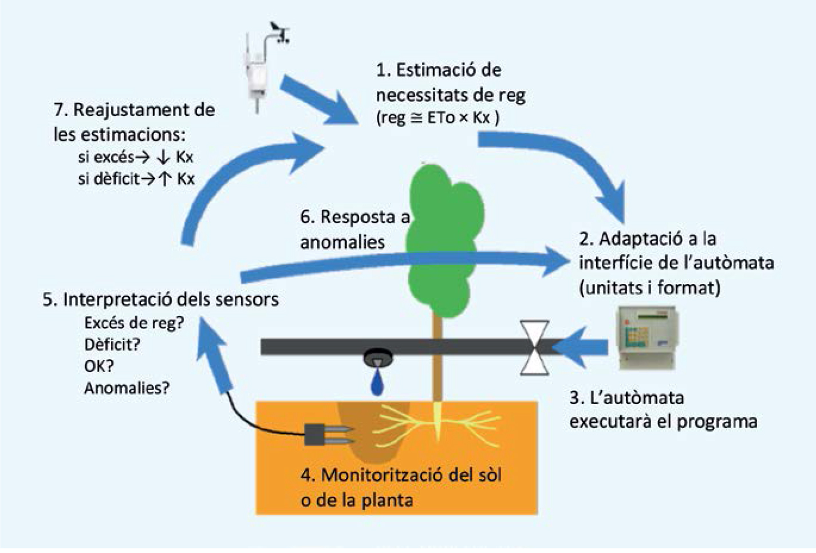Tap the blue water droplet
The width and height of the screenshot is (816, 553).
[x=377, y=384]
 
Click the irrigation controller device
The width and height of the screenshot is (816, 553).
[x=647, y=337]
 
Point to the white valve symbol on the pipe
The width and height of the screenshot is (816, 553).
[x=534, y=347]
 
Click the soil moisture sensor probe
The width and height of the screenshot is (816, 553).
[x=329, y=434]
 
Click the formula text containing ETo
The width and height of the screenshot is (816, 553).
[x=437, y=118]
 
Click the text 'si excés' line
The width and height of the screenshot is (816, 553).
[x=136, y=157]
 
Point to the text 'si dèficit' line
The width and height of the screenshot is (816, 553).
[x=136, y=179]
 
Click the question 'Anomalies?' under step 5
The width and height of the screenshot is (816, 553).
[x=127, y=388]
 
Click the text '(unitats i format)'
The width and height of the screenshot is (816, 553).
[x=649, y=288]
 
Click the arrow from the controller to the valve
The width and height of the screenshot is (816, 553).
[x=579, y=347]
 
